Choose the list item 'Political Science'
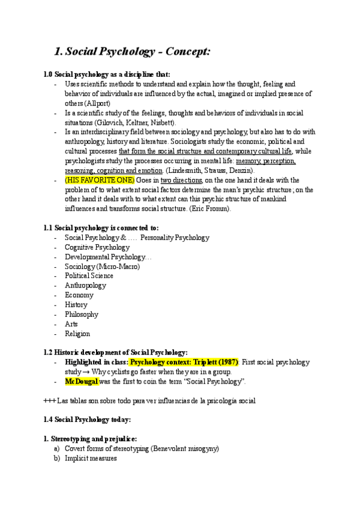point(89,276)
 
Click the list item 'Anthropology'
point(85,286)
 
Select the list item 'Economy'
point(79,295)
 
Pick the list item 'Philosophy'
point(82,315)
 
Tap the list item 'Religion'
point(77,334)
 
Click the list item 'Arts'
point(71,324)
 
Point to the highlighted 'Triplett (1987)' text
point(214,363)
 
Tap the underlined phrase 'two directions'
point(181,180)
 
